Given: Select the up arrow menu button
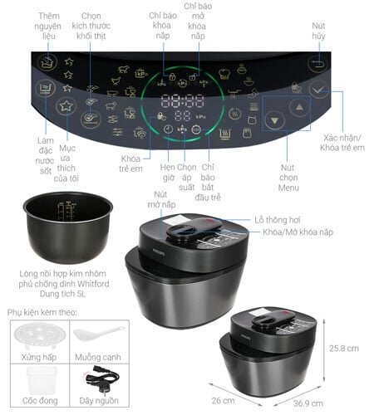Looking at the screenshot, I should click(x=298, y=107).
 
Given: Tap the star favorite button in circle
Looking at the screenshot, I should click(x=66, y=105).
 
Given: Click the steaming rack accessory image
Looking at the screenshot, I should click(x=37, y=337).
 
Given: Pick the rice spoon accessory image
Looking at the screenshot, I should click(x=98, y=335).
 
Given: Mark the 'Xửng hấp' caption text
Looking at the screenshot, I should click(x=37, y=355).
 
